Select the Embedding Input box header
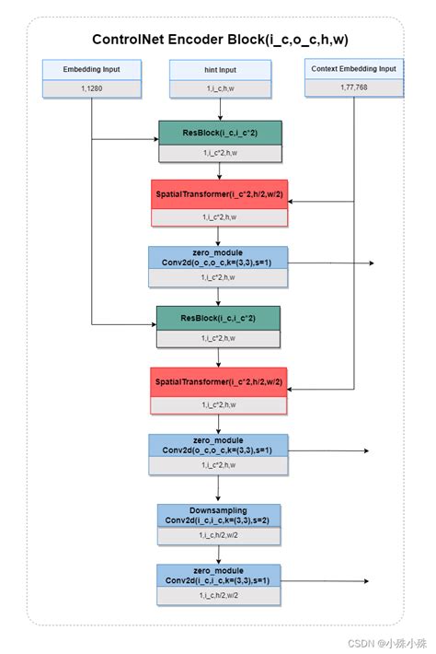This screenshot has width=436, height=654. [91, 70]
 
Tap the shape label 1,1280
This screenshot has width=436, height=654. [91, 88]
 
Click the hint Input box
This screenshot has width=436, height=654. [220, 70]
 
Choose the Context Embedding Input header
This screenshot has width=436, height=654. [354, 70]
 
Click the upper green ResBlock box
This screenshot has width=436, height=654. [219, 133]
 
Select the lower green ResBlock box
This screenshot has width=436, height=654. [218, 318]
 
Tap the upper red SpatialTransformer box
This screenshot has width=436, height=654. [219, 193]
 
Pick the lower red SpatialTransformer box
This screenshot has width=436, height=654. [219, 380]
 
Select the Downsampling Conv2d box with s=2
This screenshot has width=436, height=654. [218, 515]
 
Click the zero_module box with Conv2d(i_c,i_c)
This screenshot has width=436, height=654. [218, 576]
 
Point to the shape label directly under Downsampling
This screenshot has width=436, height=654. [218, 534]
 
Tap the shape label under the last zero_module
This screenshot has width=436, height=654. [218, 596]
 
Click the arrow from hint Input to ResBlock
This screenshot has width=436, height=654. [219, 110]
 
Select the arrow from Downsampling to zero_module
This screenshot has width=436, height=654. [218, 554]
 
